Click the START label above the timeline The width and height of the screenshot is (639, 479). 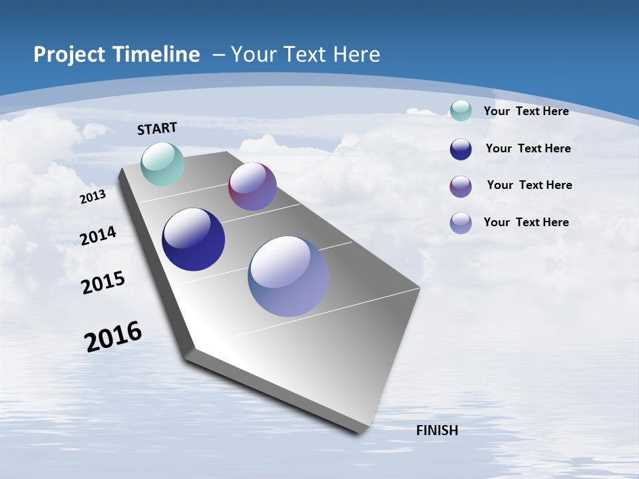point(157,128)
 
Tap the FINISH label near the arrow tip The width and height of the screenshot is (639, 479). point(437,430)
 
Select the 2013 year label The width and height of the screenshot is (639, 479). point(93,197)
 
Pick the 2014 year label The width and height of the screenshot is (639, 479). point(98,236)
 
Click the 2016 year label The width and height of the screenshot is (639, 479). point(113,337)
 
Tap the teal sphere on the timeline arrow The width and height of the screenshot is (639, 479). point(162,164)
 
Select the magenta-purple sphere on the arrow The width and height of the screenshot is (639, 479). point(252,186)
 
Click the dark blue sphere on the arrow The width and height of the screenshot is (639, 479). point(193,239)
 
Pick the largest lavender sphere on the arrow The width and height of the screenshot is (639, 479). point(288,276)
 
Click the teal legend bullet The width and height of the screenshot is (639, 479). point(461,111)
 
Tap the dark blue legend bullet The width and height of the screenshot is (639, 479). point(461,149)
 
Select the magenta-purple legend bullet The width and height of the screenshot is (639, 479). point(461,186)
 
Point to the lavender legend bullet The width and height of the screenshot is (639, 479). point(461,223)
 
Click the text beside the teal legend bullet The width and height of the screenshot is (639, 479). point(526,111)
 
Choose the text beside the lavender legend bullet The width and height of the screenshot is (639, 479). point(526,222)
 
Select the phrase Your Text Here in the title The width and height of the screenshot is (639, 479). point(306,55)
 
